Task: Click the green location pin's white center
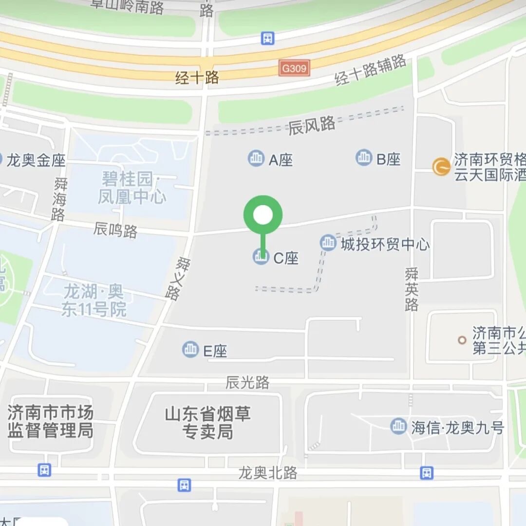click(x=263, y=215)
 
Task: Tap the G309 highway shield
click(x=294, y=68)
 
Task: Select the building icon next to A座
click(x=256, y=158)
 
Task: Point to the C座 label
click(x=286, y=258)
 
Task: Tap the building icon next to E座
click(x=190, y=349)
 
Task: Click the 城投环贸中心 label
click(x=385, y=244)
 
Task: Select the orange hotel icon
click(x=441, y=167)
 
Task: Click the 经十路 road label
click(x=197, y=77)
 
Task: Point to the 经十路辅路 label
click(x=370, y=70)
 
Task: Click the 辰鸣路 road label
click(x=115, y=230)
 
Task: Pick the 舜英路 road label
click(x=412, y=290)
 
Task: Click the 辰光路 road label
click(x=247, y=383)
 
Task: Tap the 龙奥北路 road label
click(x=267, y=472)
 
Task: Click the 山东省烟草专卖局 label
click(x=208, y=423)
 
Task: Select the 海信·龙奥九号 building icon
click(x=398, y=426)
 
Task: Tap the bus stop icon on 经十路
click(x=267, y=38)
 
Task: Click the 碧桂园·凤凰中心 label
click(x=131, y=188)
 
